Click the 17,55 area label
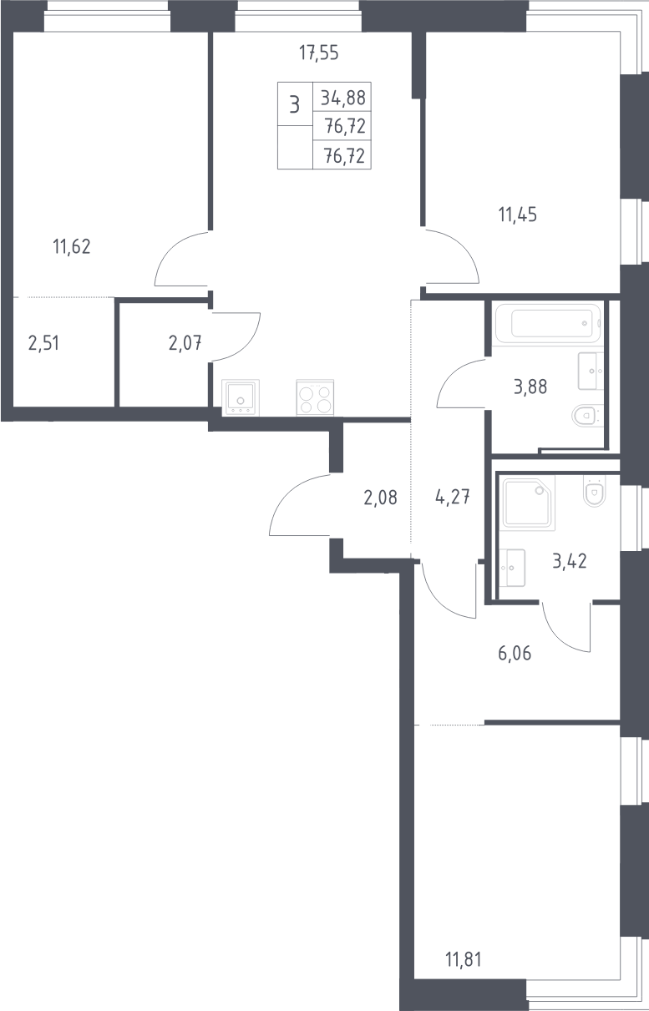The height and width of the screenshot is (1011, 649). tap(319, 53)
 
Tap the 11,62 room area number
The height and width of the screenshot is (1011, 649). tap(72, 247)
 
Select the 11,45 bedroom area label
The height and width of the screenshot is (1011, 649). tap(518, 215)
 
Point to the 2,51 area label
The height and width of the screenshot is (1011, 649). tap(43, 343)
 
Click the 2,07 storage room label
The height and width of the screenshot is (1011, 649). tap(185, 343)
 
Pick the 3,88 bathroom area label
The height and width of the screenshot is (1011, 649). tap(530, 387)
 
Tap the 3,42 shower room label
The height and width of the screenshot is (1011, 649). tap(570, 561)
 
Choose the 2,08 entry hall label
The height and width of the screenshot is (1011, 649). tap(381, 498)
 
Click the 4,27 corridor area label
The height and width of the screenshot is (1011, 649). tap(453, 498)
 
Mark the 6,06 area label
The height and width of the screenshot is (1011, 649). tap(515, 653)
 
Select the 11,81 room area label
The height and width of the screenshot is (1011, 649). tap(464, 959)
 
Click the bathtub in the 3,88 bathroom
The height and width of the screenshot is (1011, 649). tap(548, 323)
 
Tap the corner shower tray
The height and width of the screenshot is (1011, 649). tap(529, 504)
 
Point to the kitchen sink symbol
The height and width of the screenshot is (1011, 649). tap(241, 397)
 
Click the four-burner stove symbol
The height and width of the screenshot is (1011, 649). tap(315, 397)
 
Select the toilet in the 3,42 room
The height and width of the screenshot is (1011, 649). tap(594, 492)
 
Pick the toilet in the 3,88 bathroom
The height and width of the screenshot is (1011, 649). tap(587, 415)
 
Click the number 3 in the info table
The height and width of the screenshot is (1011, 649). tap(295, 104)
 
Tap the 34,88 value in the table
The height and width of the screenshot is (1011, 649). tap(343, 98)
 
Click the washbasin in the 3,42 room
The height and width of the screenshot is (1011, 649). tap(512, 568)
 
